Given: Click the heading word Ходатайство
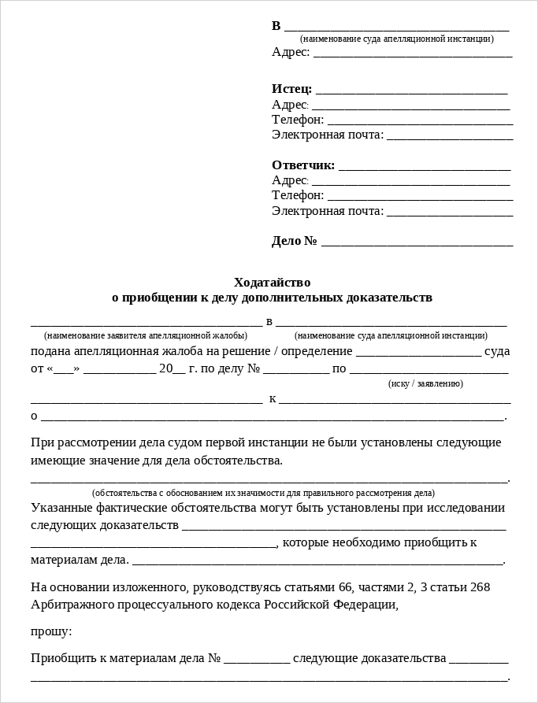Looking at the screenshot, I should (x=272, y=282).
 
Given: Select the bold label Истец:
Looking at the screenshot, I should (x=291, y=89).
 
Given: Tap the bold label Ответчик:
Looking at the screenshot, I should (x=303, y=165).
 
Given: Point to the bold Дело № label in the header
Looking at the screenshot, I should (x=295, y=241).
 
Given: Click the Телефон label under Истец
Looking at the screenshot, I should (x=298, y=120).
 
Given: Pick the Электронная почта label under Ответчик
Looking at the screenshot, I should (x=328, y=211).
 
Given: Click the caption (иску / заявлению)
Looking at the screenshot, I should (x=425, y=383).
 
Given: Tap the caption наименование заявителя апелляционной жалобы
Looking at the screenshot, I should (x=146, y=335).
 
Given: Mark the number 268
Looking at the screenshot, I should (x=480, y=587).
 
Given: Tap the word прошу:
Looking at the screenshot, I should (x=51, y=631).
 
